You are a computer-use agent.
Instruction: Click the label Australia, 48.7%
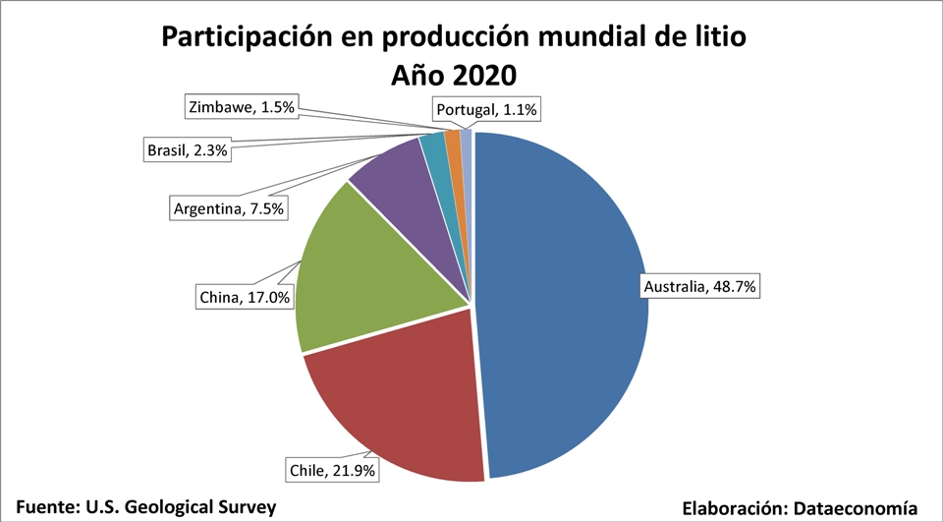(x=701, y=287)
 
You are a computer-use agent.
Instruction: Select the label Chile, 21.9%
(x=332, y=470)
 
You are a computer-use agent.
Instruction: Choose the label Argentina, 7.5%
(x=229, y=209)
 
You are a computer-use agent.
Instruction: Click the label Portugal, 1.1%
(x=486, y=110)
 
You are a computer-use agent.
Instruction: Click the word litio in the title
(x=720, y=36)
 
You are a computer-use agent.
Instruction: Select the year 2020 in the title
(x=482, y=76)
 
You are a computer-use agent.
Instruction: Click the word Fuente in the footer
(x=48, y=506)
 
